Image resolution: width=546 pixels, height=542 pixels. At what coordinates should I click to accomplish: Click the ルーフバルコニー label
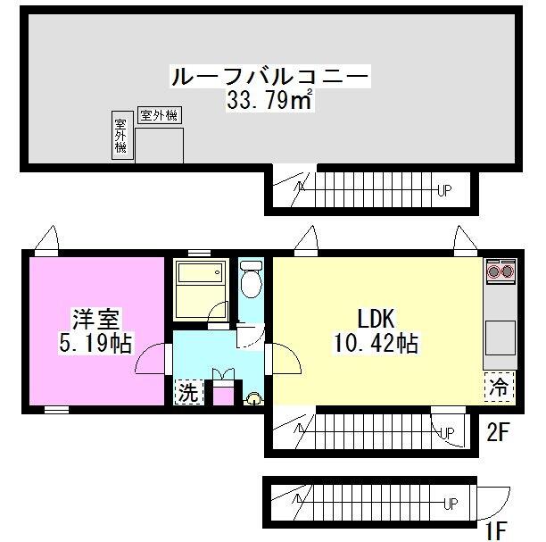(x=269, y=77)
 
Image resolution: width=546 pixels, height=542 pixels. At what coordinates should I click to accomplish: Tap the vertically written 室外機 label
(x=120, y=137)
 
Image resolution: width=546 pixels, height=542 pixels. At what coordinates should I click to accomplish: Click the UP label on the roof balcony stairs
(x=444, y=189)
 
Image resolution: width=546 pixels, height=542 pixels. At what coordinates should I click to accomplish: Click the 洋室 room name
(x=94, y=319)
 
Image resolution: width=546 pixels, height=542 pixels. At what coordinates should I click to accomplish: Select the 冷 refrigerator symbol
(x=499, y=387)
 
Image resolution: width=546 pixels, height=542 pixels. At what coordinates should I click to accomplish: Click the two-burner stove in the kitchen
(x=498, y=269)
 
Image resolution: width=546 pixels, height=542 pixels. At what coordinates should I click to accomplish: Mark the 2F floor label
(x=498, y=434)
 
